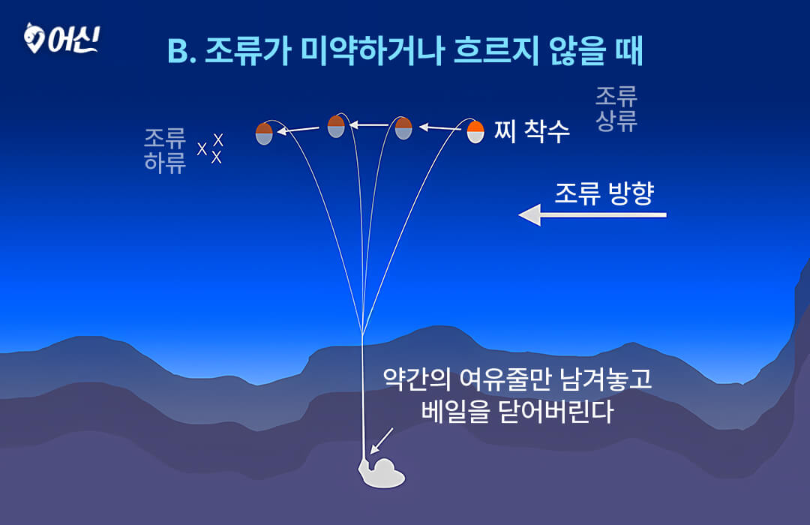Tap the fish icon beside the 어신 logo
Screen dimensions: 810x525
tap(34, 38)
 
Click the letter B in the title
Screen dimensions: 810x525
tap(178, 52)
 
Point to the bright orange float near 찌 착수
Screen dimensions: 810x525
tap(475, 131)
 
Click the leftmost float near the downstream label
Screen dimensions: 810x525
tap(264, 133)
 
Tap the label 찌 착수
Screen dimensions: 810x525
tap(532, 130)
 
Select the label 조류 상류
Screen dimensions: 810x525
tap(616, 109)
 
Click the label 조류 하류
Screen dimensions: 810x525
tap(165, 150)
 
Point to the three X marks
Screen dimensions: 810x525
tap(210, 148)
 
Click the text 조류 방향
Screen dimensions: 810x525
tap(604, 193)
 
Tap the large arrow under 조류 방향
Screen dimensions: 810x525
tap(592, 215)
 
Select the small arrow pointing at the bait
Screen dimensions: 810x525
tap(382, 440)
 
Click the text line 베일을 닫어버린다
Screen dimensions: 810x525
tap(517, 412)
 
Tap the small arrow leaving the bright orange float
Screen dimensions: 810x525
tap(439, 127)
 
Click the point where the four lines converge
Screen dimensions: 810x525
tap(363, 333)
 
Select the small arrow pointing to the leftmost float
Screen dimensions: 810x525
tap(298, 130)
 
